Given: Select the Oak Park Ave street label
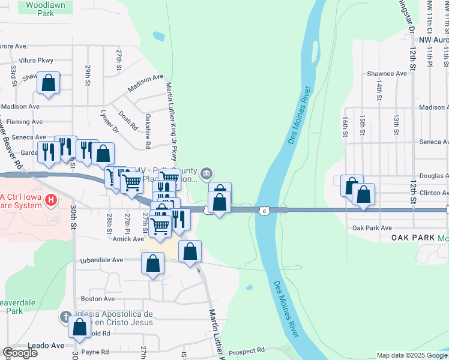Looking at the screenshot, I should coord(372,228).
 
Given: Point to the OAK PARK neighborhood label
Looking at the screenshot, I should coord(412,238).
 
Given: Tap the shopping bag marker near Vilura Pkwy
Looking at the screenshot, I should coord(49,83).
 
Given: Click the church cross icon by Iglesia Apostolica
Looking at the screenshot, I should coord(67,316).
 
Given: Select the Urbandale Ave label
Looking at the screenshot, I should coord(101,260).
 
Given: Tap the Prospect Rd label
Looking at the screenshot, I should coord(247,350).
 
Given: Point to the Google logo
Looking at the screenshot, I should coord(20,353).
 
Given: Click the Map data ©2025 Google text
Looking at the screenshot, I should coord(412,355).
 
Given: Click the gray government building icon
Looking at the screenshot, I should coord(206,174).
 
